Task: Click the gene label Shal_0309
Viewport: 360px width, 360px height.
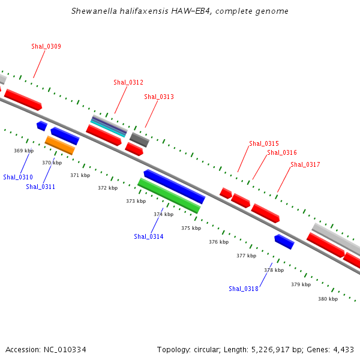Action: coord(46,46)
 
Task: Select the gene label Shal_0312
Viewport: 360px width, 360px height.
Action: coord(128,82)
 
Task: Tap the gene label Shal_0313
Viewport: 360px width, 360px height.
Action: coord(159,97)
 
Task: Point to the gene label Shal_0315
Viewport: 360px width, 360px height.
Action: coord(264,143)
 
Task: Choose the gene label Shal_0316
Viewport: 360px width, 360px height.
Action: coord(282,152)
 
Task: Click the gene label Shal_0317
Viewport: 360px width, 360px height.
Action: coord(305,164)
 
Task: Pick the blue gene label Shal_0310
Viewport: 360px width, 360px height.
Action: coord(18,177)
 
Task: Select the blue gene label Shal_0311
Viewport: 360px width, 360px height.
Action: coord(40,187)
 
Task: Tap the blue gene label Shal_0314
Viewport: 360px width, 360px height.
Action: coord(149,236)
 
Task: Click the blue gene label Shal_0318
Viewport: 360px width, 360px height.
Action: coord(244,289)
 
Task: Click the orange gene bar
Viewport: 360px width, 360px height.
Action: coord(60,145)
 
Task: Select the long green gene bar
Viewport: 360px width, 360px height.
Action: coord(169,196)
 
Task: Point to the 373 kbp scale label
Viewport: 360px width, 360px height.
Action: coord(136,201)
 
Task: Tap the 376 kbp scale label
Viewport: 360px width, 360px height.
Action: coord(218,242)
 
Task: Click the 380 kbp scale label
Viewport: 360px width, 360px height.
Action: coord(328,298)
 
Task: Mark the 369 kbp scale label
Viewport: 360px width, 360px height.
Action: coord(23,151)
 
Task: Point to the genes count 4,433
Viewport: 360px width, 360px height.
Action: coord(342,349)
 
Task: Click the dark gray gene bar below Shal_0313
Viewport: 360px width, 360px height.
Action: coord(139,140)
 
